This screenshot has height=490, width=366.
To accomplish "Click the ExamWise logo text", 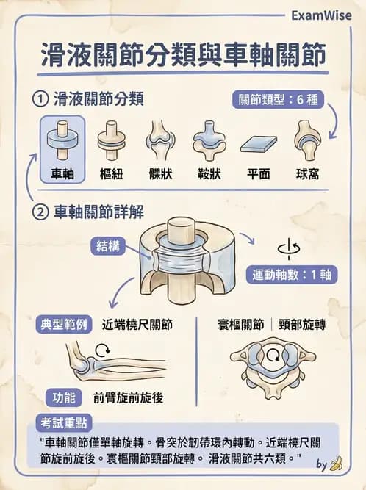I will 321,15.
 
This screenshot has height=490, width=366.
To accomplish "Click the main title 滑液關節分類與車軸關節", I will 183,57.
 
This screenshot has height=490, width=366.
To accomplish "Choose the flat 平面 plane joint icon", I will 257,141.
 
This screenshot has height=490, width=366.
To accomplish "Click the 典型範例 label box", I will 63,324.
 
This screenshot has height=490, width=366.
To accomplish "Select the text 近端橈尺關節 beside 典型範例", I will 137,324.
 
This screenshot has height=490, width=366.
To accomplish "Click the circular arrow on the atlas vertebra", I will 273,357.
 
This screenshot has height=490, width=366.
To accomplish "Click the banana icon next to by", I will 337,464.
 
